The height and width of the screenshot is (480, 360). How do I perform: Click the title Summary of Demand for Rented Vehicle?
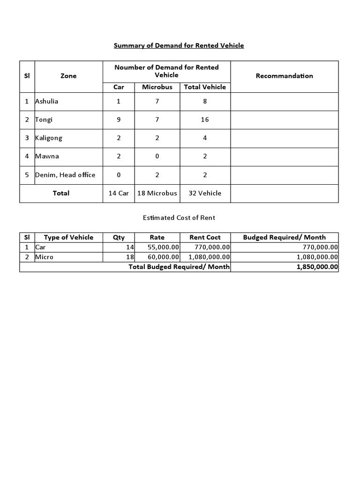(179, 45)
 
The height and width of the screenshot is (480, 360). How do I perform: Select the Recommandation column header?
(284, 76)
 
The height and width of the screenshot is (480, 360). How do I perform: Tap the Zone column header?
(68, 76)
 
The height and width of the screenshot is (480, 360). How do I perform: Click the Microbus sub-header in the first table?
(157, 87)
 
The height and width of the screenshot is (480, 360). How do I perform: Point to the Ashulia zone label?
(47, 101)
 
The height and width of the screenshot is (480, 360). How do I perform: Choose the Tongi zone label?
(44, 120)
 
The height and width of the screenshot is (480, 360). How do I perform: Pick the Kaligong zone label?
(49, 138)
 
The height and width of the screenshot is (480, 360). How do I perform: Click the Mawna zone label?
(47, 156)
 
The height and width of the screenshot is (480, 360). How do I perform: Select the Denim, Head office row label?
(65, 175)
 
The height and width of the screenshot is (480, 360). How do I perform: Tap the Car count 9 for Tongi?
(119, 120)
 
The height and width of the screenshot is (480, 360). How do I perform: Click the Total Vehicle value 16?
(205, 120)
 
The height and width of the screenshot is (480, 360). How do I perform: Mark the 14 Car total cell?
(119, 193)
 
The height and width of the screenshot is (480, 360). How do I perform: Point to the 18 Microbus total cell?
(157, 193)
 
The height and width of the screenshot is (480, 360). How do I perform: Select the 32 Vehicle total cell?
(205, 193)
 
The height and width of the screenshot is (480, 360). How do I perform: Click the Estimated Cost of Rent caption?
(179, 218)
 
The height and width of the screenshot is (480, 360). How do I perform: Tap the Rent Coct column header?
(205, 238)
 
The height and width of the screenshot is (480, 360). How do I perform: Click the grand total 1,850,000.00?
(317, 267)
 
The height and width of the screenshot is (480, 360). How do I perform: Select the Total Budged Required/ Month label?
(179, 267)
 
